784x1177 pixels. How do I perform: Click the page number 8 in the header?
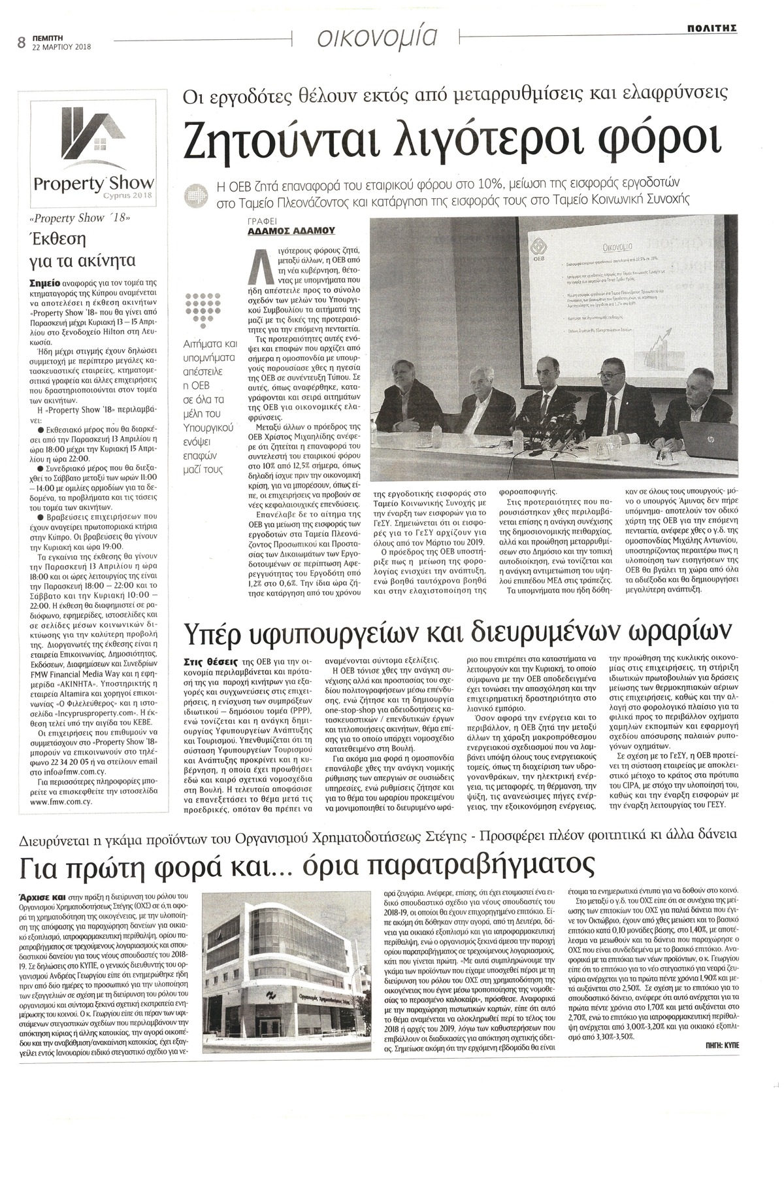coord(21,44)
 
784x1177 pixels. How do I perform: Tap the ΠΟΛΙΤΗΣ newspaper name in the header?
coord(711,28)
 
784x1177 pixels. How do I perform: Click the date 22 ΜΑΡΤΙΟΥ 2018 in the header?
coord(62,47)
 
